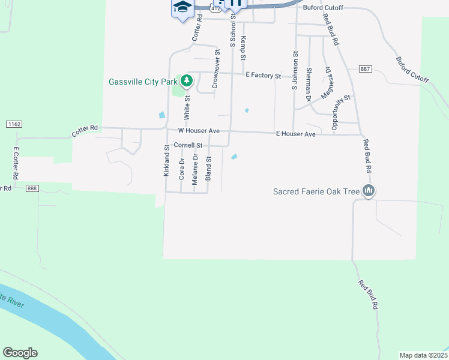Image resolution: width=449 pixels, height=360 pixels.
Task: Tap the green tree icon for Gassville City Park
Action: (x=187, y=80)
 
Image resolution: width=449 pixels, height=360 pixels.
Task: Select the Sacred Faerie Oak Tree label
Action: (x=316, y=192)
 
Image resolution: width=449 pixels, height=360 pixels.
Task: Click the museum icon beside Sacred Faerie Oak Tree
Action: (x=369, y=191)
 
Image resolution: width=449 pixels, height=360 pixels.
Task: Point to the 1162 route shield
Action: (x=14, y=124)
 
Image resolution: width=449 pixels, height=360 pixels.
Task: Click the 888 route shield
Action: (x=33, y=188)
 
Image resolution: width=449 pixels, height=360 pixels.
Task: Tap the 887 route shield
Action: (x=365, y=70)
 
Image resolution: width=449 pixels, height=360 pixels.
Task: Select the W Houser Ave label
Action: (x=199, y=131)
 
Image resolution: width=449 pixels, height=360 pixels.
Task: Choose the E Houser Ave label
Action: (x=295, y=134)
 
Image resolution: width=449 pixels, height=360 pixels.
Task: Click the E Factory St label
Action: (x=264, y=76)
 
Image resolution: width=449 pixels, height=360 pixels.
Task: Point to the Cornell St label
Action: (x=188, y=145)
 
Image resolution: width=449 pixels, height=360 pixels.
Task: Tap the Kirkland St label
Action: (x=167, y=160)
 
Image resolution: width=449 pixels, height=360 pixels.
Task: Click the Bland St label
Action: (x=209, y=168)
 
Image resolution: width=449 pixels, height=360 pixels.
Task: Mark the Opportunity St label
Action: (x=340, y=112)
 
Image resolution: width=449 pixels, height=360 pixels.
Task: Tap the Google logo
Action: (x=20, y=353)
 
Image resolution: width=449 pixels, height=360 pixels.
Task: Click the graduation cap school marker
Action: (x=182, y=7)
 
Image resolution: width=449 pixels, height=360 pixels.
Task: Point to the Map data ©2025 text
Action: (x=423, y=355)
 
